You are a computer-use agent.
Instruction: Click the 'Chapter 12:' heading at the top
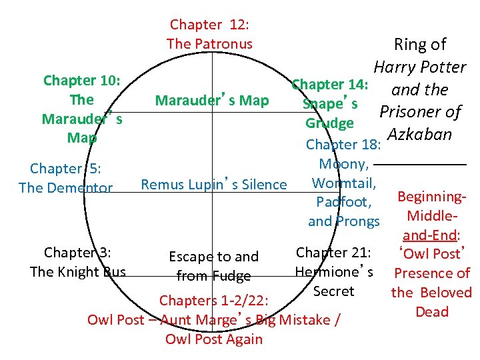point(209,25)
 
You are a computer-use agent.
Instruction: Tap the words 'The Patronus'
point(209,44)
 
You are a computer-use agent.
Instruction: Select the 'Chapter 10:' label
point(81,81)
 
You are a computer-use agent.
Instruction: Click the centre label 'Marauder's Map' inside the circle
point(212,101)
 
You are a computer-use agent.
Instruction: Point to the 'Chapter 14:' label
point(330,85)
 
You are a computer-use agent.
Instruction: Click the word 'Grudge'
point(329,124)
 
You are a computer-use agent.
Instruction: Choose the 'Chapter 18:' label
point(343,145)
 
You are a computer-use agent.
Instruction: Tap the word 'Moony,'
point(343,164)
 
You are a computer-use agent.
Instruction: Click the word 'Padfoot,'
point(343,202)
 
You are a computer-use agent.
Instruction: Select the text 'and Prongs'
point(343,221)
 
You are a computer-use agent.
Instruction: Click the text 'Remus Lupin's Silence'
point(214,185)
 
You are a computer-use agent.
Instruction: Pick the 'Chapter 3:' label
point(77,253)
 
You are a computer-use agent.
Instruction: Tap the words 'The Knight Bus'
point(77,272)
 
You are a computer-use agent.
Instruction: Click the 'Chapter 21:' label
point(333,253)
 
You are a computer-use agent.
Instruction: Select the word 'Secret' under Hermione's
point(333,291)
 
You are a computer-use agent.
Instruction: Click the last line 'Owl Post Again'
point(214,339)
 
